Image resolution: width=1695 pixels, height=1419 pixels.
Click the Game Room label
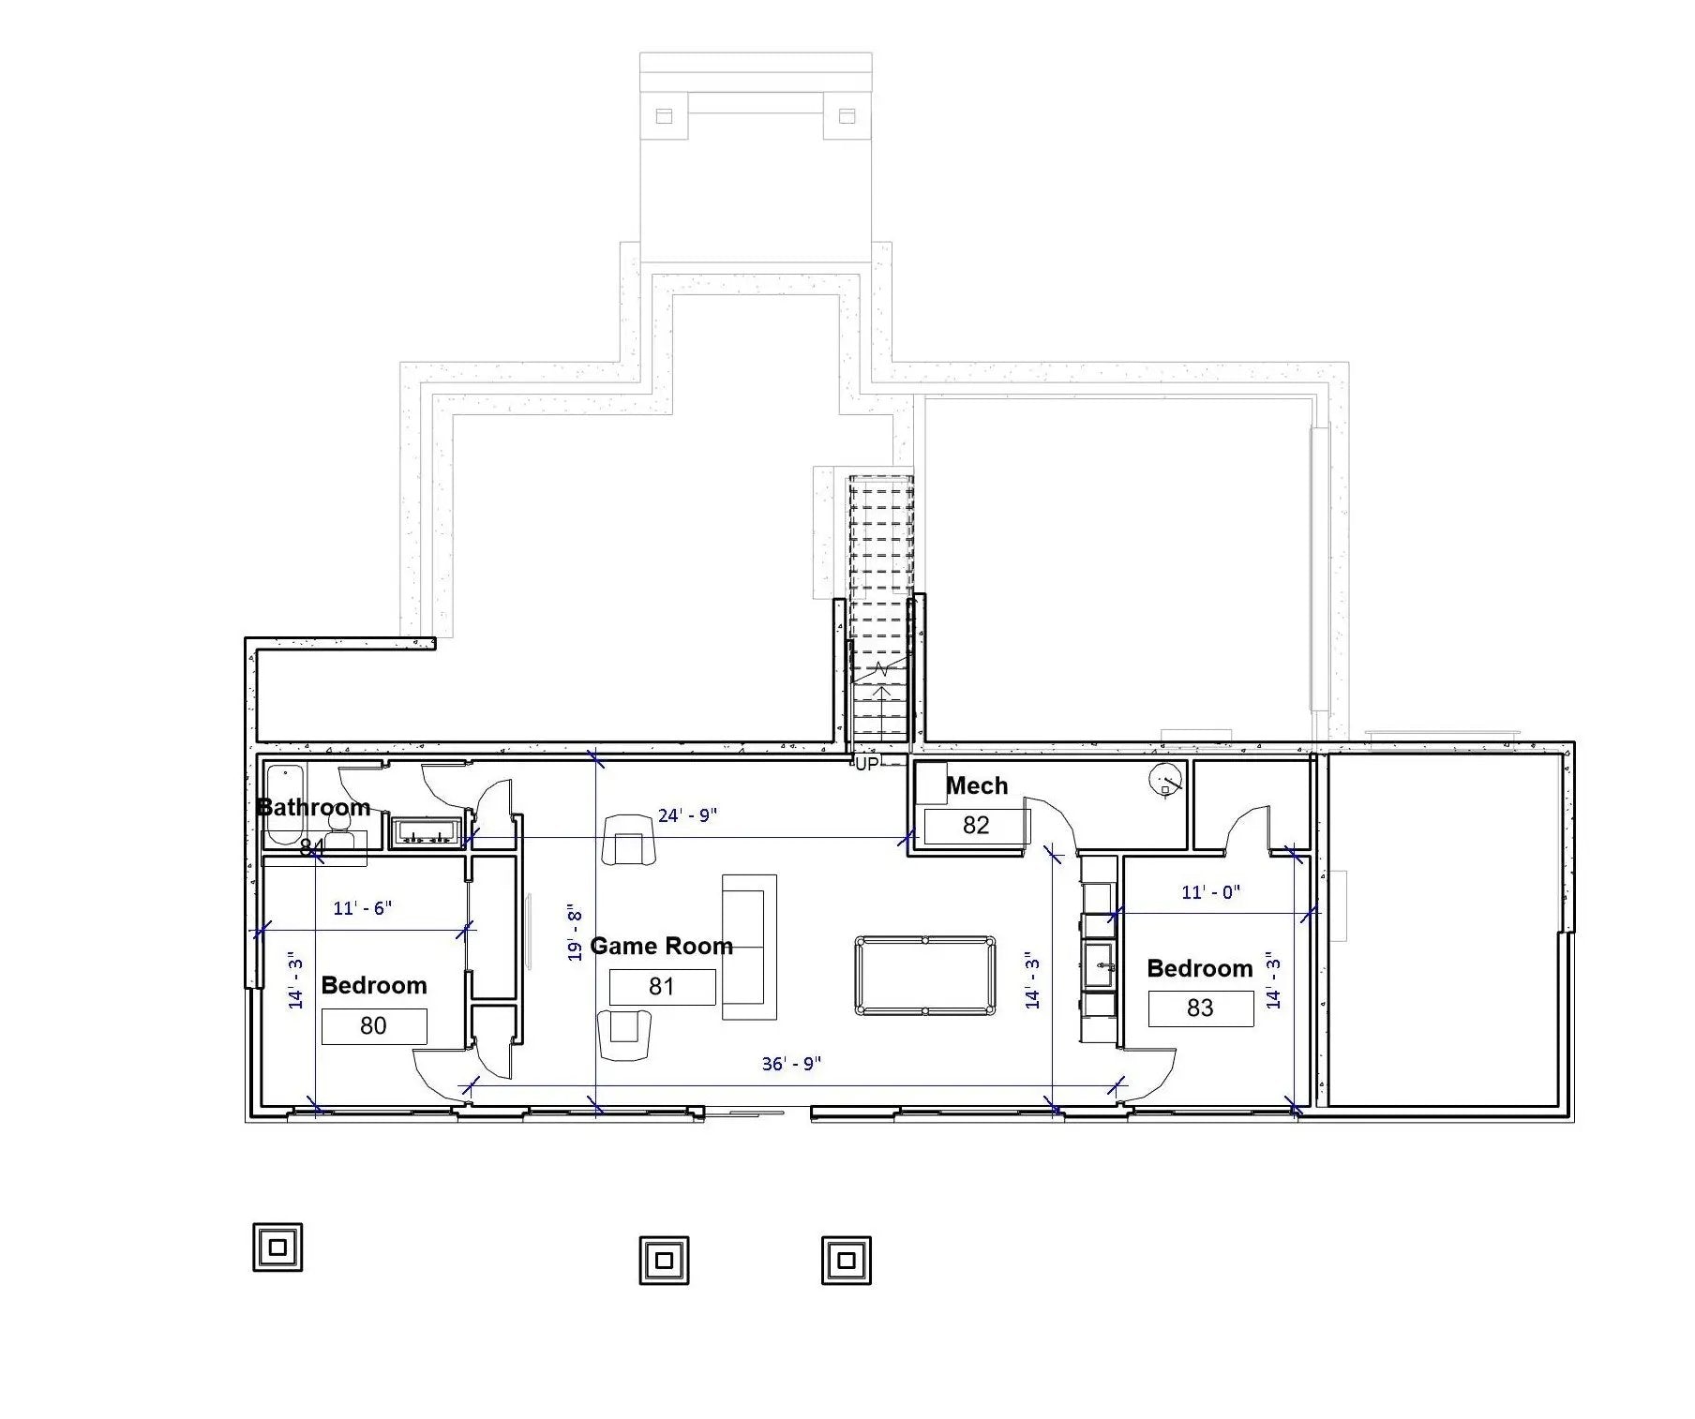661,946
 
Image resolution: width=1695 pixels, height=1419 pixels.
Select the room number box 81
662,986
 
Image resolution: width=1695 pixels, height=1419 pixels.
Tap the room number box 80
373,1025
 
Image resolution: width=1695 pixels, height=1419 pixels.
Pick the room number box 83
1200,1008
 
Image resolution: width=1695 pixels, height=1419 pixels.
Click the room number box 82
976,825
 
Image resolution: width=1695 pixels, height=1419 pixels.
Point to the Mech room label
977,785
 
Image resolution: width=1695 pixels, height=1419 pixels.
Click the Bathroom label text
313,807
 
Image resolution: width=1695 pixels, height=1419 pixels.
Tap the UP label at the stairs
867,764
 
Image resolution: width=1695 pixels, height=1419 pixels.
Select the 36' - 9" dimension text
791,1064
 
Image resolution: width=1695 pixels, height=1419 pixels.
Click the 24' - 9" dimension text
687,815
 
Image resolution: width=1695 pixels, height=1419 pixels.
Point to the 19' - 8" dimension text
575,934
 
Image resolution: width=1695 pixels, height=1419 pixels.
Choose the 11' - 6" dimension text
362,908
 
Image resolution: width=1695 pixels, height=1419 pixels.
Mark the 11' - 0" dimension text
1210,892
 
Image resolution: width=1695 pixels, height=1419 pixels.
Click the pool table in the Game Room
925,976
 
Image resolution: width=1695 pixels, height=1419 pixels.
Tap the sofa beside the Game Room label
749,947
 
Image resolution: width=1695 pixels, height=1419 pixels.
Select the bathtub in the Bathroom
284,804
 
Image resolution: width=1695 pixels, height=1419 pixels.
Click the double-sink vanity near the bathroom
427,831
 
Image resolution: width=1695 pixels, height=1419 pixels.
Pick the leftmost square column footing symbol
277,1247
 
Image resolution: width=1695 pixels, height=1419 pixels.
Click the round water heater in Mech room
1165,780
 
